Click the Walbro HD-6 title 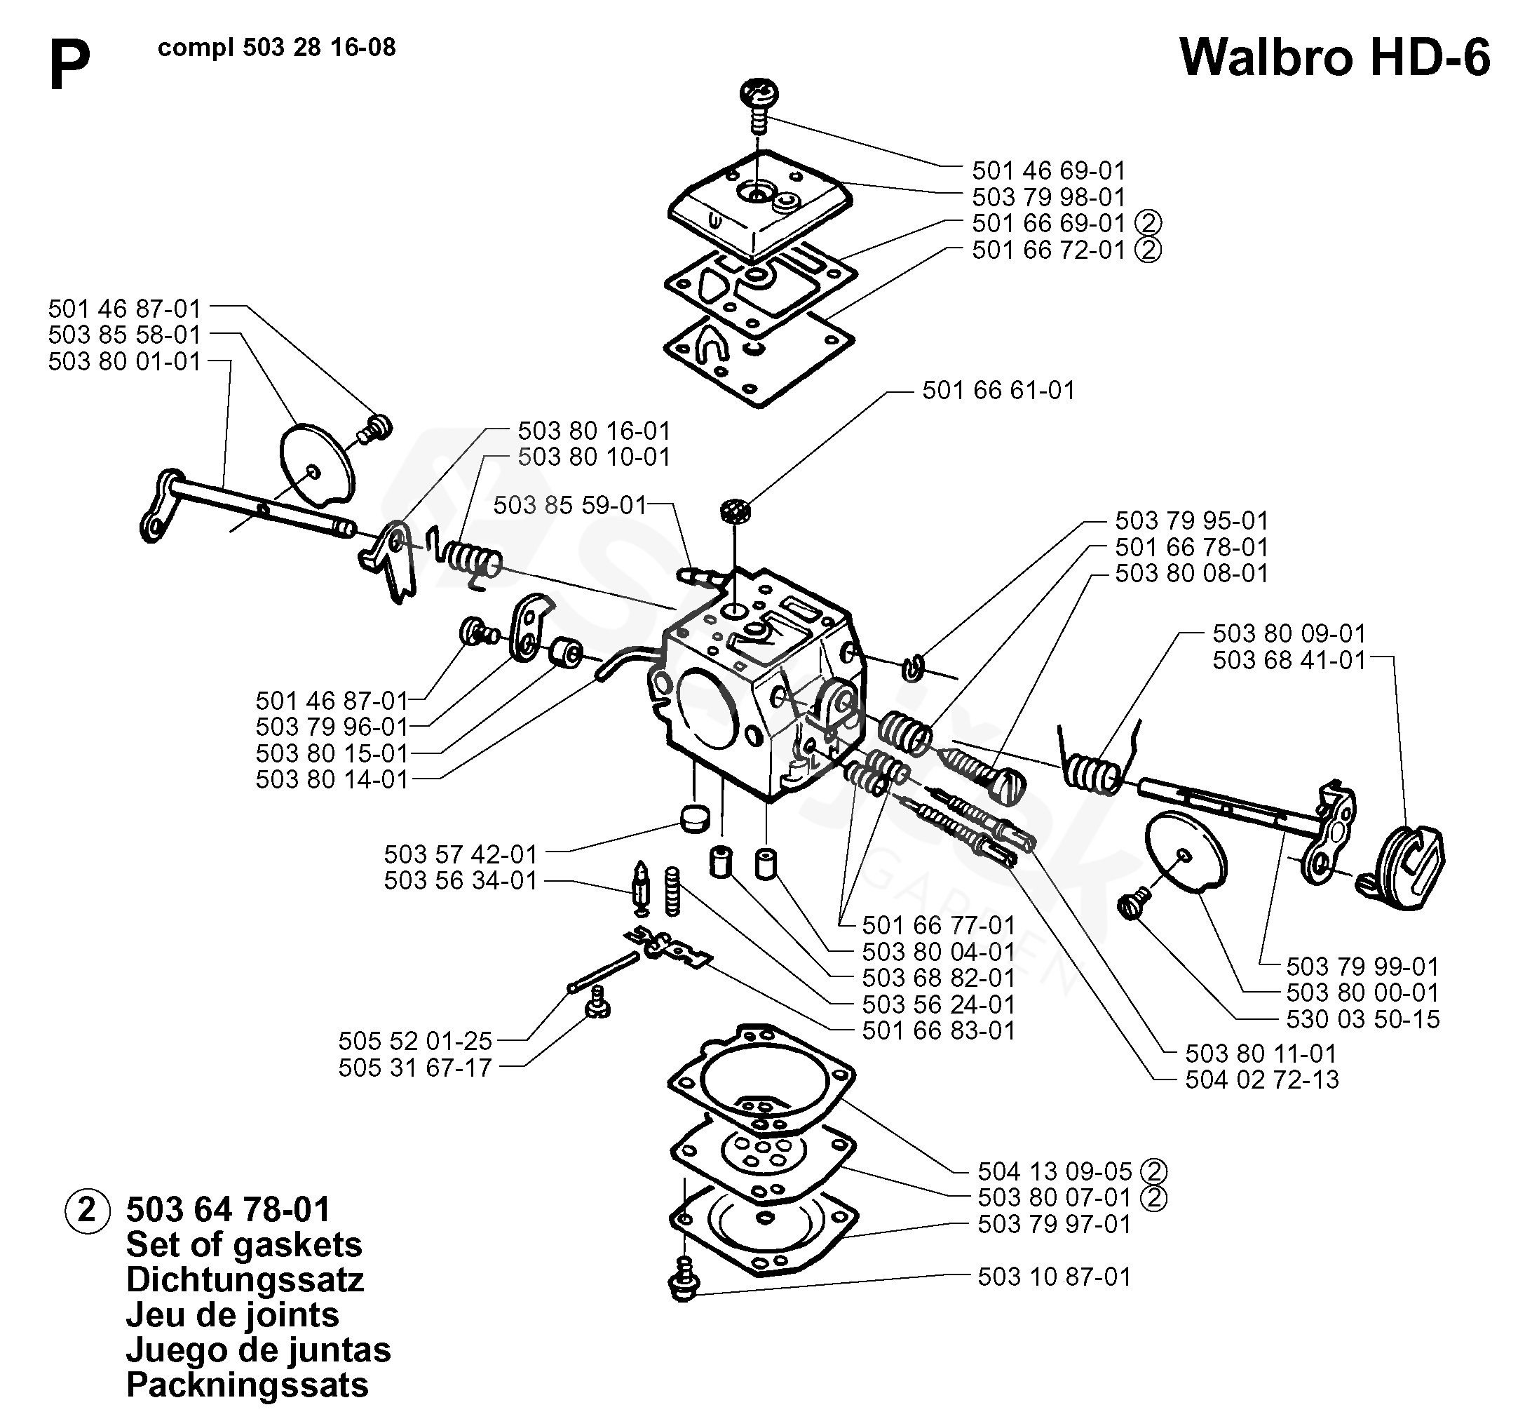point(1335,58)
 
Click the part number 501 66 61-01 point(998,391)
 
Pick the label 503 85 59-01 point(570,506)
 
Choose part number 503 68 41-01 point(1289,660)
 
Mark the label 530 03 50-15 point(1363,1019)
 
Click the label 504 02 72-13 point(1262,1080)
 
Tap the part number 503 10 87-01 point(1055,1277)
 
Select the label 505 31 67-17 point(415,1068)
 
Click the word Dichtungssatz point(245,1279)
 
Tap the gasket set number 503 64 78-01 point(228,1209)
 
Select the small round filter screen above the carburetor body point(735,511)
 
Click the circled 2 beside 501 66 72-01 point(1148,250)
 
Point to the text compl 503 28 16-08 point(277,48)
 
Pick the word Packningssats point(247,1385)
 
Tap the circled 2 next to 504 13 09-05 point(1153,1172)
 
